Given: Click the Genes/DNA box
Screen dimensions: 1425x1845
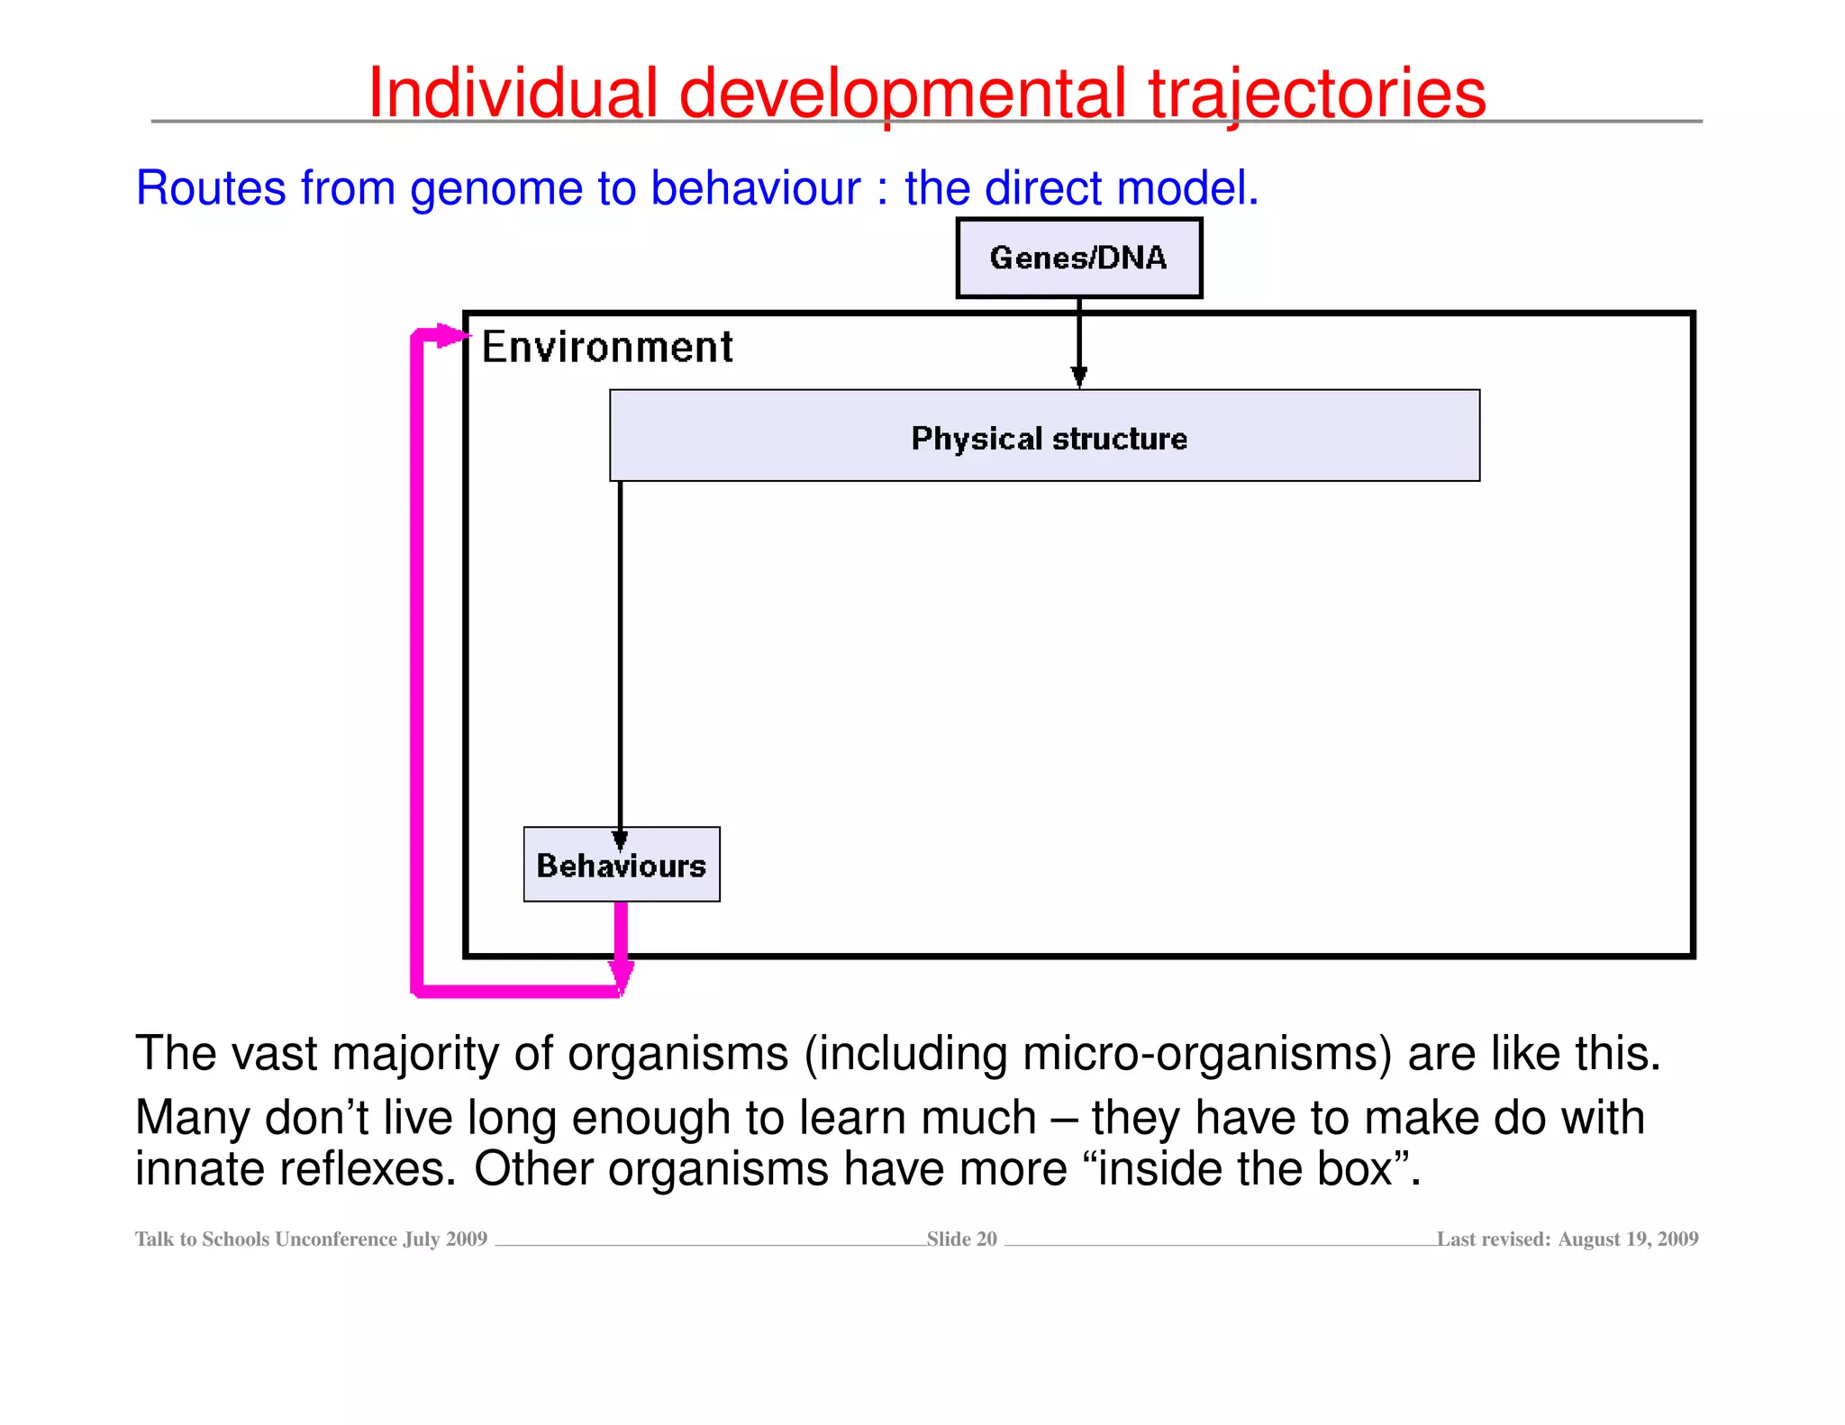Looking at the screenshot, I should pos(1078,258).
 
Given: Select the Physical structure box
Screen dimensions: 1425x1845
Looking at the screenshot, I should pos(1044,436).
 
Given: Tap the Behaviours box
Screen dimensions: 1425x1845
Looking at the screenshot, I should pos(622,865).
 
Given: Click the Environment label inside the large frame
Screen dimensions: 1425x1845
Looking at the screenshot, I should pos(607,347).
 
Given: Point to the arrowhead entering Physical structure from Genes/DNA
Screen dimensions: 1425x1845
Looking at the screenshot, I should pos(1078,377).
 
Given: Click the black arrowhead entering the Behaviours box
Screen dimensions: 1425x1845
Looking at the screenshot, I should pos(620,840).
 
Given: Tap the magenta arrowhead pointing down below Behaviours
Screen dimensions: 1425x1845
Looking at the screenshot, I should pos(621,976).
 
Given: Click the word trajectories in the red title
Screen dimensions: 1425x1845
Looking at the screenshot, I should pos(1316,93).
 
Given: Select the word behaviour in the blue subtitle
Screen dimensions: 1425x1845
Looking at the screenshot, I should pos(755,188).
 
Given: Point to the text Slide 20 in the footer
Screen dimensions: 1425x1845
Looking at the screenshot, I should pos(961,1239).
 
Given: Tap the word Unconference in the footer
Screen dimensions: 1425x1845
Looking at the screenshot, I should pos(336,1239).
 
